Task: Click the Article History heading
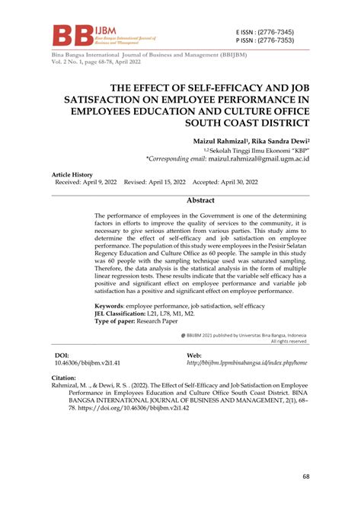coord(72,175)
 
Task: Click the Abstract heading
coord(201,201)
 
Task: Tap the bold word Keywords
coord(113,304)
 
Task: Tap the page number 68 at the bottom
coord(306,477)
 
